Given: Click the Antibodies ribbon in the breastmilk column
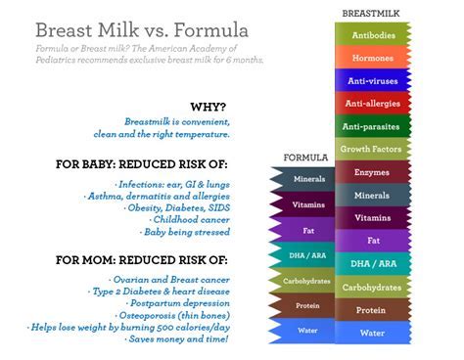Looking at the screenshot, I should point(373,34).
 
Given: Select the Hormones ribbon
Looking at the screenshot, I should point(373,57).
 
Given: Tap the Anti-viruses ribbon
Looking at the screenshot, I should point(373,80).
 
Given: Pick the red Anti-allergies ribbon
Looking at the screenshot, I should point(373,103).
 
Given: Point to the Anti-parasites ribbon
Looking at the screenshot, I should point(373,126).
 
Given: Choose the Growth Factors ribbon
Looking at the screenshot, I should point(373,150).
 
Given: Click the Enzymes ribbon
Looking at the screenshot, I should point(373,172).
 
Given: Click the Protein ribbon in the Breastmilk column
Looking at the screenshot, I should point(373,310).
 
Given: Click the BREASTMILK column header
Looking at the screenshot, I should point(370,13).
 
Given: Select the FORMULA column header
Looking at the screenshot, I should point(304,157).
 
